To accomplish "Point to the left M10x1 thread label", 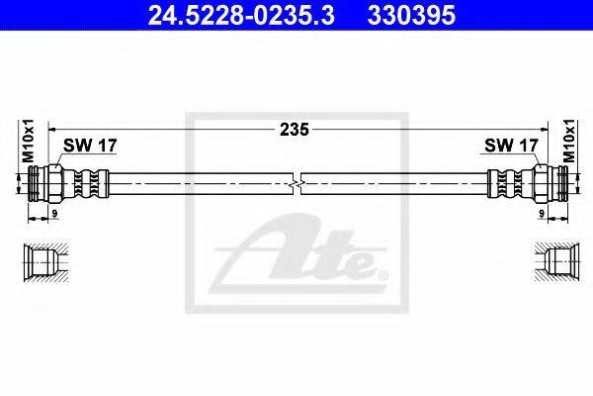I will point(29,142).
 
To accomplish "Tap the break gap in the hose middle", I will point(297,185).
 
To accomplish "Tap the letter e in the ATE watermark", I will point(361,265).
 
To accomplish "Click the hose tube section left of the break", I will point(198,185).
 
